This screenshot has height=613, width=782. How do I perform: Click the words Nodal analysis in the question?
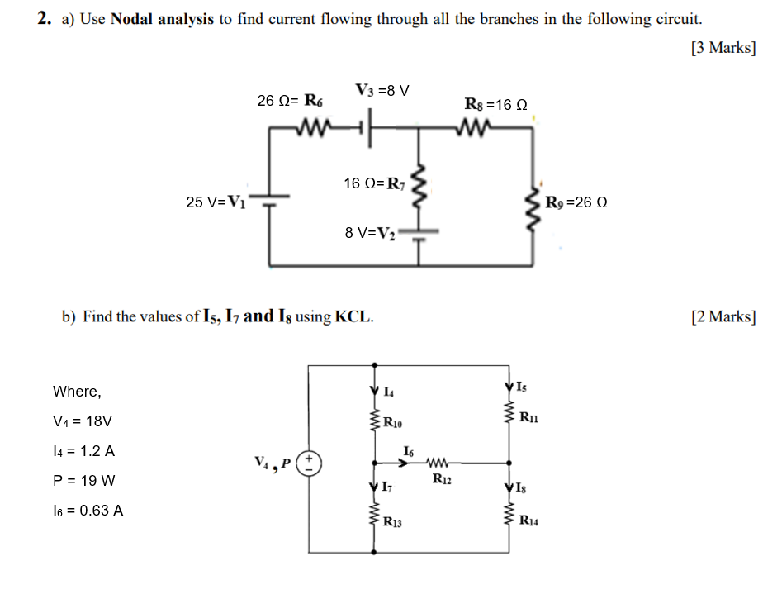(x=162, y=19)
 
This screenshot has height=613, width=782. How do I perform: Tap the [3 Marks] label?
(x=723, y=48)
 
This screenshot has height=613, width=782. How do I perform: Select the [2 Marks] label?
(x=723, y=316)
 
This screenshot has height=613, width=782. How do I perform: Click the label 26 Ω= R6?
(x=290, y=101)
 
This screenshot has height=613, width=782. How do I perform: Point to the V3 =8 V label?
(x=382, y=89)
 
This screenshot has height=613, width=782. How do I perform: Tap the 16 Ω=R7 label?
(x=375, y=183)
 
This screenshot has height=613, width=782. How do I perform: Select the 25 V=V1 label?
(x=216, y=202)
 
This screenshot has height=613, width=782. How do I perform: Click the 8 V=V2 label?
(x=371, y=233)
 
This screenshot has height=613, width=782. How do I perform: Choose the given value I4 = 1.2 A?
(x=83, y=451)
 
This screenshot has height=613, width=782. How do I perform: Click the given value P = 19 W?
(x=83, y=480)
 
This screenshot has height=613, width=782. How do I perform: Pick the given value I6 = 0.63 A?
(x=88, y=510)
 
